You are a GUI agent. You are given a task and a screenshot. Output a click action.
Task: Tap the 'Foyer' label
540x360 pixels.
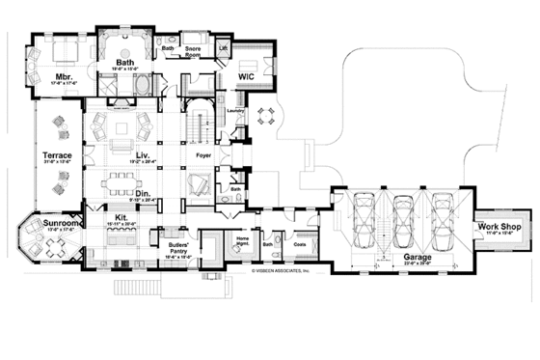[x=202, y=152]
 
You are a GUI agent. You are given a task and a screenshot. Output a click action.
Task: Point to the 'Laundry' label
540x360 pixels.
[x=232, y=111]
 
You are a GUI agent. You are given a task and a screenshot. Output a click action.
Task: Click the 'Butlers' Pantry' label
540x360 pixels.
[x=176, y=248]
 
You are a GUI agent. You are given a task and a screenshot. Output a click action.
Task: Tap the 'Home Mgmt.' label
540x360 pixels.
[x=243, y=241]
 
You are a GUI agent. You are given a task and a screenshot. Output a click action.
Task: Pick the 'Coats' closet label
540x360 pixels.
[x=300, y=244]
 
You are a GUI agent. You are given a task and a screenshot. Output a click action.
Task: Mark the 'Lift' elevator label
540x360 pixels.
[x=224, y=46]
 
